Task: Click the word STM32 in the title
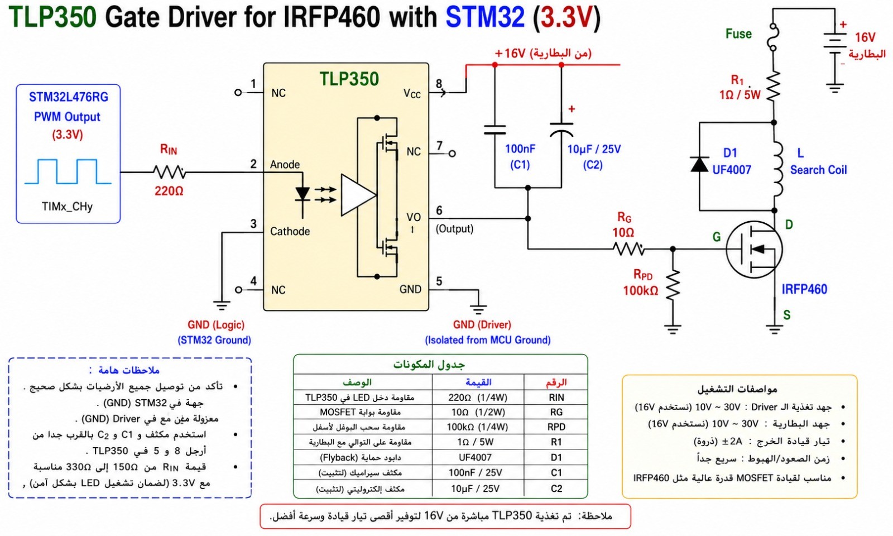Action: [x=485, y=17]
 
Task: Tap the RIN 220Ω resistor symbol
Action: [x=170, y=173]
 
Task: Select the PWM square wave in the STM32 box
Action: [x=68, y=171]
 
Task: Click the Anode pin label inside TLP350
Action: [x=285, y=164]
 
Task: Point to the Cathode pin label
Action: [x=290, y=231]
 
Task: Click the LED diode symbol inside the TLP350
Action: [x=303, y=194]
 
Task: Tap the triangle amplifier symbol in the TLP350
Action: [x=358, y=195]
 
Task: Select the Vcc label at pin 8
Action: [x=412, y=94]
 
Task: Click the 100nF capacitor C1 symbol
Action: [x=494, y=130]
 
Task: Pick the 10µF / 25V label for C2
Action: [x=594, y=149]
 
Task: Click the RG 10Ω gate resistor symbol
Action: [x=628, y=249]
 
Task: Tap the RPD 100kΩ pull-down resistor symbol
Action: [x=673, y=285]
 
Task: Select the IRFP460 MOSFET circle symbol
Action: [x=754, y=250]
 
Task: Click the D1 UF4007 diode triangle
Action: [x=699, y=164]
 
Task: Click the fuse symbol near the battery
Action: [x=773, y=37]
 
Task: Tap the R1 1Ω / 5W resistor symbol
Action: [x=774, y=86]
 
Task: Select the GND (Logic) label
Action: [x=215, y=324]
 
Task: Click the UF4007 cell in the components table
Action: [x=475, y=457]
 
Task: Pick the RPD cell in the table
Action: [x=556, y=427]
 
